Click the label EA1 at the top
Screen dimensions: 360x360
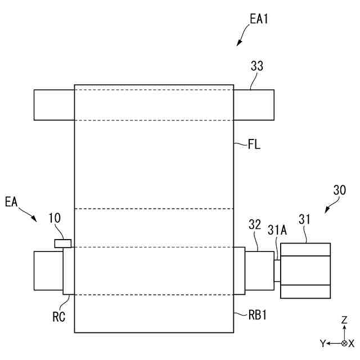[x=259, y=19]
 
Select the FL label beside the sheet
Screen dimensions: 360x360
[x=254, y=145]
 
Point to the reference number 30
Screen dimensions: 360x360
[x=339, y=190]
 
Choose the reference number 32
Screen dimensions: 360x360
[x=255, y=224]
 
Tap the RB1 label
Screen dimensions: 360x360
[x=257, y=315]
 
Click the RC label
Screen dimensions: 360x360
[x=58, y=317]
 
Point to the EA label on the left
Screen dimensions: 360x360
[x=12, y=201]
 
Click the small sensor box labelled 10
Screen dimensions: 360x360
[x=62, y=242]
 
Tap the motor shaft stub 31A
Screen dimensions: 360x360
[x=277, y=269]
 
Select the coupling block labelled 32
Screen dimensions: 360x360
[x=259, y=270]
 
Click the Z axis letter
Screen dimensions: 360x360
[x=344, y=320]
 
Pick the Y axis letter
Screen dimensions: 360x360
[x=323, y=343]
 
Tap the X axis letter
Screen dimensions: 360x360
[x=352, y=343]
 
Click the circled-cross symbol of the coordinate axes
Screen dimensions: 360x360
[x=344, y=343]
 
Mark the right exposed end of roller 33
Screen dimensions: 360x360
[x=254, y=105]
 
